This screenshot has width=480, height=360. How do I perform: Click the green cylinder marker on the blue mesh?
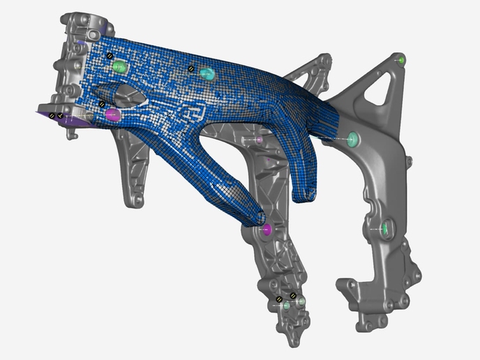click(119, 66)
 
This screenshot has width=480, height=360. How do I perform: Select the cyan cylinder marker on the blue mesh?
click(207, 73)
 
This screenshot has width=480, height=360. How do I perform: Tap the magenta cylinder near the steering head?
click(113, 114)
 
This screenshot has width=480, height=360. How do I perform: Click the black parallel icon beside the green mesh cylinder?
click(109, 54)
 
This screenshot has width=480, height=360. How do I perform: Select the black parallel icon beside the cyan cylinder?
click(190, 68)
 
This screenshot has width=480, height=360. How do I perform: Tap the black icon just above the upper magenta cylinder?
click(102, 104)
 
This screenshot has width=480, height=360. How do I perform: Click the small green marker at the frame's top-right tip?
click(400, 61)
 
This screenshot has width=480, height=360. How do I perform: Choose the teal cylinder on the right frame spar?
click(354, 139)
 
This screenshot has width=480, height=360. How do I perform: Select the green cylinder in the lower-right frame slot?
click(384, 227)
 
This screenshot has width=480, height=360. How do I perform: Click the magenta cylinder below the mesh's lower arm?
click(265, 229)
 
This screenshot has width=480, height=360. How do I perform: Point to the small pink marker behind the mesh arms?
click(259, 140)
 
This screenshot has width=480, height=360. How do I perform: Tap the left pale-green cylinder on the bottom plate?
click(287, 305)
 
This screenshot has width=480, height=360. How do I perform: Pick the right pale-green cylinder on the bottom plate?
click(301, 301)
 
